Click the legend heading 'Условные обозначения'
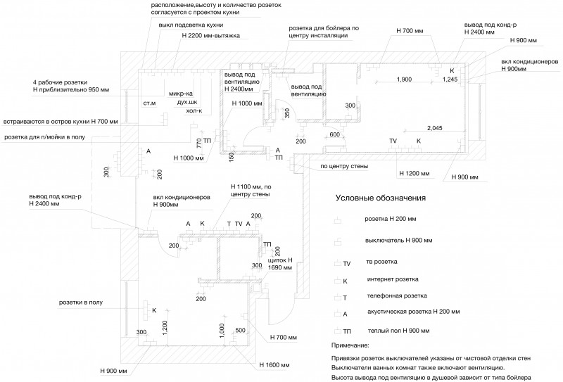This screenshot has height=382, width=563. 381,198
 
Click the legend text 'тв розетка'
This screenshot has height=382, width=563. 381,262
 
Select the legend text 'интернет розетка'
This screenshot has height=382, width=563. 393,279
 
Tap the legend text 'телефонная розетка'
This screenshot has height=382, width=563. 397,296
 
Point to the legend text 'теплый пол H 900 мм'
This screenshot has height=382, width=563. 398,331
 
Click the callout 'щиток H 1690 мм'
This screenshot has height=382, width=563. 280,264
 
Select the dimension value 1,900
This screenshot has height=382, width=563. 404,79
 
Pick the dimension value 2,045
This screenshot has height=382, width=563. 435,128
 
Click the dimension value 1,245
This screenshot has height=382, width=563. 450,79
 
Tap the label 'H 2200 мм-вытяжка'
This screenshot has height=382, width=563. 210,36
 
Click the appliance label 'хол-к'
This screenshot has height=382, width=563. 194,110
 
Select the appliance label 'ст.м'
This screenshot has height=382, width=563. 149,103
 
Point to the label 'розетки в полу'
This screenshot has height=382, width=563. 81,303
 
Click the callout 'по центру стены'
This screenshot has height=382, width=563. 344,166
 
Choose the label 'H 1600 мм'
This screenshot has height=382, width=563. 274,365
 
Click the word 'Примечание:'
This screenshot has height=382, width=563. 350,345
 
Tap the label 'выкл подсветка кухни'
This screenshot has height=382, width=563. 191,25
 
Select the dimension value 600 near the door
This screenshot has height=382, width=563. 335,134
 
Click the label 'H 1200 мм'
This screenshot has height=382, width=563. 415,173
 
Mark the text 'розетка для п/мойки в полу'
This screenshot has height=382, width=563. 44,137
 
